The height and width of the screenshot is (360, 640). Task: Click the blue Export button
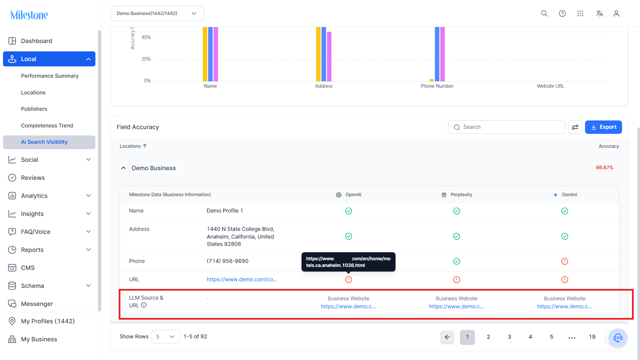[x=603, y=127]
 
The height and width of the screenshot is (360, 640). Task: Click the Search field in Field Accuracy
[x=506, y=127]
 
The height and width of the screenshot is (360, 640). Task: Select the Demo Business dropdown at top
[x=157, y=13]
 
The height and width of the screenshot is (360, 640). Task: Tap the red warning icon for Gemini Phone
[x=565, y=261]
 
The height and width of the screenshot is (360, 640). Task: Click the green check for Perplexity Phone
[x=457, y=261]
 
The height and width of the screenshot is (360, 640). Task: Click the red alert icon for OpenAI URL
[x=349, y=280]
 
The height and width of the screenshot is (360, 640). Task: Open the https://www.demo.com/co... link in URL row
[x=242, y=280]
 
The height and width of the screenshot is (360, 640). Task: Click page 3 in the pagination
[x=509, y=337]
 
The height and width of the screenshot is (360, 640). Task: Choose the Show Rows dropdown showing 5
[x=165, y=337]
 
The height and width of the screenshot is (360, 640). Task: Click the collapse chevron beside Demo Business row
[x=123, y=168]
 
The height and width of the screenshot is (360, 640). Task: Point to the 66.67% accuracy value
[x=604, y=167]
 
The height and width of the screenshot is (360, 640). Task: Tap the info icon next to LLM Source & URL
[x=144, y=305]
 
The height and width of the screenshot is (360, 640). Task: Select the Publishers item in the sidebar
[x=34, y=109]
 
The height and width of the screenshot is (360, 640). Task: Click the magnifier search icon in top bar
[x=544, y=13]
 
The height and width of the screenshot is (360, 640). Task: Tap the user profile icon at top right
[x=616, y=13]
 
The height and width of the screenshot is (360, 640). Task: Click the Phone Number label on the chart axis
[x=437, y=86]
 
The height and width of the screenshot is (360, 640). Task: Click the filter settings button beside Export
[x=575, y=127]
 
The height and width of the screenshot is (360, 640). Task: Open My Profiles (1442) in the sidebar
[x=48, y=321]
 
